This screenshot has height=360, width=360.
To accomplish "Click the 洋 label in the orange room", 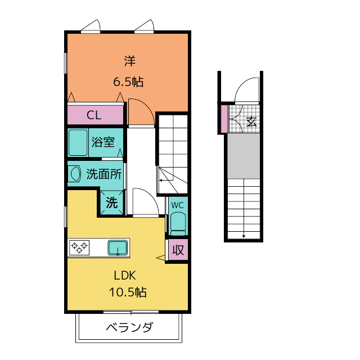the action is point(130,61).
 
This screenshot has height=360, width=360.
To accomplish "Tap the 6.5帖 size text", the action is point(128,82).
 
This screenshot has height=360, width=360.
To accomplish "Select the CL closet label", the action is point(94,115).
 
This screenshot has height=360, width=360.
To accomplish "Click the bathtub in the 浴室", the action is point(78,142).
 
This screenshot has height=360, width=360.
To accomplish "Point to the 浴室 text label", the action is point(103,142).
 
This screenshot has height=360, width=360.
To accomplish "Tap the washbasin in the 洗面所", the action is point(75,174).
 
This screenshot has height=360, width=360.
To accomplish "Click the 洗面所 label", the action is point(103,174).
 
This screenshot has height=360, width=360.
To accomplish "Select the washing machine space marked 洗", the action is point(112,202).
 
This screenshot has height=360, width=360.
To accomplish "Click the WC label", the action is point(178,205).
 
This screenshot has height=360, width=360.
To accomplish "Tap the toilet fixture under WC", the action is point(178,224).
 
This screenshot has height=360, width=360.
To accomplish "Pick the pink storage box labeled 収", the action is point(178,250).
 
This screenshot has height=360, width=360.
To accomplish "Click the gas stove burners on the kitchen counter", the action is point(79,247).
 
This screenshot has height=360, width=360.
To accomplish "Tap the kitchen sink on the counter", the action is point(118,247).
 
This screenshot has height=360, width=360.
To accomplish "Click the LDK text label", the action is point(125,275).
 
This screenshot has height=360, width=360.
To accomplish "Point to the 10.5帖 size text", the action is point(128,292).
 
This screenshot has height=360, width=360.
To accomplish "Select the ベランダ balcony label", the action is point(129,327).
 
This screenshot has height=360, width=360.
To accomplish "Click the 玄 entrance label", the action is point(251,121).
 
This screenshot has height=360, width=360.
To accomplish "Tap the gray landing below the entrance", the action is point(244,156).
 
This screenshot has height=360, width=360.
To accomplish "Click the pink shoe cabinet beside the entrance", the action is point(224,119).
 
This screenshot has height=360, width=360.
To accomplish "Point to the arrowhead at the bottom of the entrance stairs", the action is point(244,236).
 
